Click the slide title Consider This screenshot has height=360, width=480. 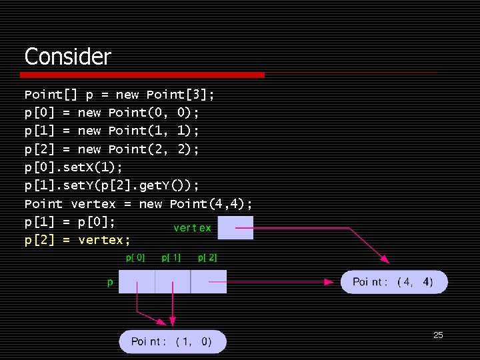coord(67,56)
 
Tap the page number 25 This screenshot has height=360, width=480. coord(438,335)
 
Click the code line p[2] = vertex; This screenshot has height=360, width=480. coord(77,240)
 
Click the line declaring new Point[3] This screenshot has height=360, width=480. coord(119,95)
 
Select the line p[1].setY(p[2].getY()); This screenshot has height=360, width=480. coord(112,185)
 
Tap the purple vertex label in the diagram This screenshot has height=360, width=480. coord(192,228)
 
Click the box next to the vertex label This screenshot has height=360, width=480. coord(235,227)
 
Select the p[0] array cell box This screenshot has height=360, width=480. coord(137,281)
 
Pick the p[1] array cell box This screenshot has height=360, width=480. coord(173,281)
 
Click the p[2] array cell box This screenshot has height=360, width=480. coord(209,281)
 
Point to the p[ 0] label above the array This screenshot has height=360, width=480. coord(135,257)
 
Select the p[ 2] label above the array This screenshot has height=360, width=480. coord(207,257)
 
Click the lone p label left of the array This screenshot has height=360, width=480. coord(110,283)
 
